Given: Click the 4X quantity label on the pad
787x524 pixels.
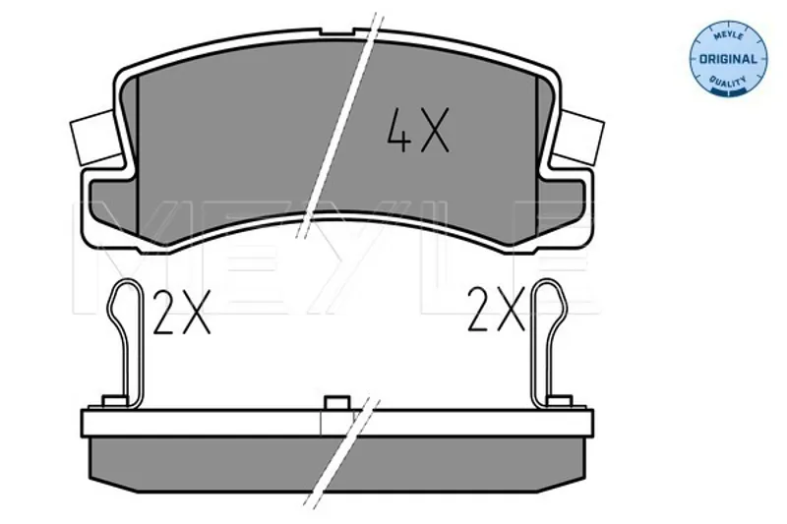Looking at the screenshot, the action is click(417, 130).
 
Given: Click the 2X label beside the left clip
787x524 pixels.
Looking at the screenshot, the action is click(181, 312).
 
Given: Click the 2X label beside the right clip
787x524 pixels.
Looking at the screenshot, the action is click(496, 309).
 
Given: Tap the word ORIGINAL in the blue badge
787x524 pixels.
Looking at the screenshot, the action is click(728, 59).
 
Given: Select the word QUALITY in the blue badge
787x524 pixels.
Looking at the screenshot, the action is click(728, 81).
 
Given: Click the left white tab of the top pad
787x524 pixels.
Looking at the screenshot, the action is click(95, 138).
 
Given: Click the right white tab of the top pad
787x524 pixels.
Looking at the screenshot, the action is click(578, 138).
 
